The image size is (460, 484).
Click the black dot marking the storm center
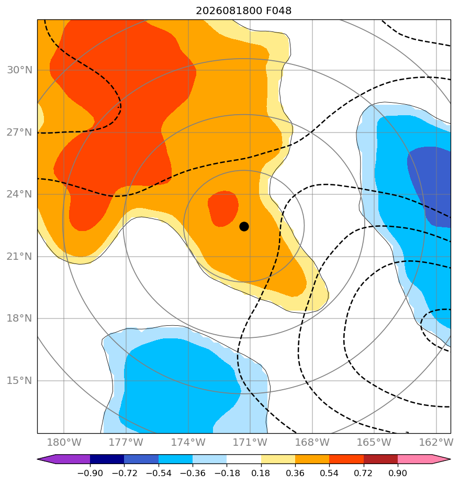pyautogui.click(x=244, y=227)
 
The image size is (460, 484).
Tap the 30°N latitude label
pyautogui.click(x=19, y=70)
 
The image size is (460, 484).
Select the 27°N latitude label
pyautogui.click(x=19, y=133)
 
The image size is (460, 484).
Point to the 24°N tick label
pyautogui.click(x=19, y=194)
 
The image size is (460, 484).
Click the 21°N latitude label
pyautogui.click(x=19, y=257)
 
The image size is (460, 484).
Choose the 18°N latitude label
pyautogui.click(x=19, y=318)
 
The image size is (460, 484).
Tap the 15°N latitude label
pyautogui.click(x=19, y=381)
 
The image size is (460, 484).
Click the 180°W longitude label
pyautogui.click(x=64, y=442)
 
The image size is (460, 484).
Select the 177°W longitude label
pyautogui.click(x=126, y=442)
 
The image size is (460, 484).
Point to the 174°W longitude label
pyautogui.click(x=188, y=442)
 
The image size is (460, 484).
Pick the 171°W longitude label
pyautogui.click(x=250, y=442)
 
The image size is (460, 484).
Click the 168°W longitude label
pyautogui.click(x=312, y=442)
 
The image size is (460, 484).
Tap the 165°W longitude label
pyautogui.click(x=374, y=442)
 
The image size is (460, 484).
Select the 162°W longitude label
pyautogui.click(x=436, y=442)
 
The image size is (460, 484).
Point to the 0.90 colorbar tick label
pyautogui.click(x=398, y=473)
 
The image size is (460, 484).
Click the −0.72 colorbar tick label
pyautogui.click(x=124, y=473)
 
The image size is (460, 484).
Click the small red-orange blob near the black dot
pyautogui.click(x=223, y=208)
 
